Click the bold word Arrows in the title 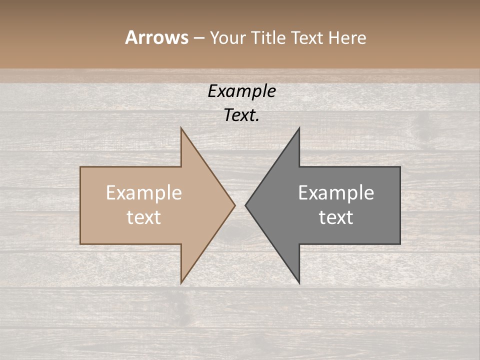click(x=156, y=37)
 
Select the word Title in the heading click(x=268, y=38)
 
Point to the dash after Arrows click(x=198, y=38)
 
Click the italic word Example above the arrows click(x=241, y=91)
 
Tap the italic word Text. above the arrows click(x=241, y=115)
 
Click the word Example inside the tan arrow click(x=144, y=193)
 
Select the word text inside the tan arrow click(x=144, y=217)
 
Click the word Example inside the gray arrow click(x=336, y=193)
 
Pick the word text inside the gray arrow click(x=336, y=217)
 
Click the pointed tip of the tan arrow click(x=235, y=205)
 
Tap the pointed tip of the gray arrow click(x=245, y=205)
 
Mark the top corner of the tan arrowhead click(x=181, y=128)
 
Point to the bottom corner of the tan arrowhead click(x=181, y=283)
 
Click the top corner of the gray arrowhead click(x=299, y=128)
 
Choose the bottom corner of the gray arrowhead click(x=299, y=283)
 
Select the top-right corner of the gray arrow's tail click(x=400, y=167)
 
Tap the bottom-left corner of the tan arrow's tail click(x=80, y=243)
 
